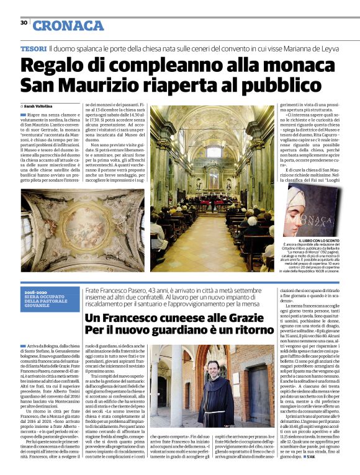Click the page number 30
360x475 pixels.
(24, 22)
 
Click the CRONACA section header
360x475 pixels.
(68, 25)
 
